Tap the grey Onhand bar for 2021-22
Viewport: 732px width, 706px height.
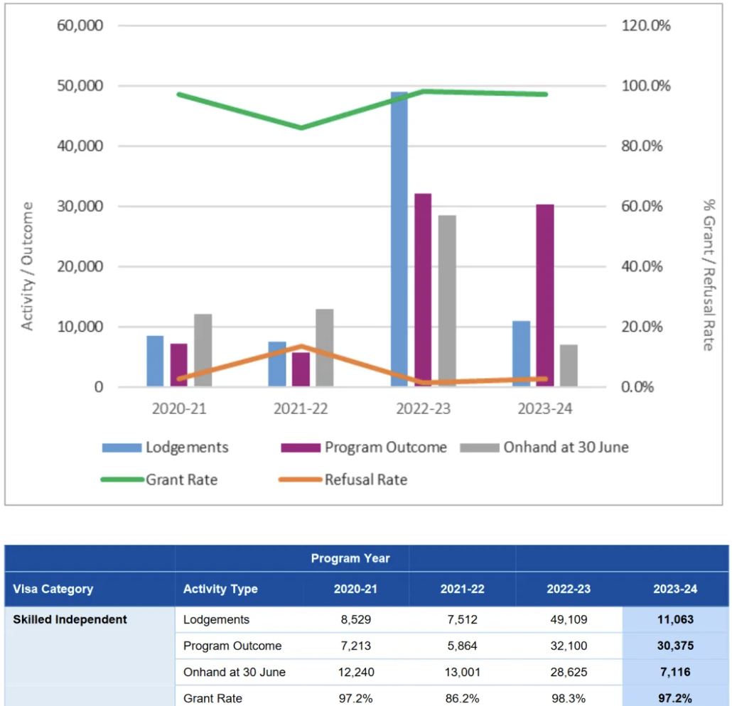pyautogui.click(x=324, y=347)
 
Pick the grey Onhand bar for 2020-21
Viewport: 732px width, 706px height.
pyautogui.click(x=203, y=350)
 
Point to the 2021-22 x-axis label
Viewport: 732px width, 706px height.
pyautogui.click(x=301, y=410)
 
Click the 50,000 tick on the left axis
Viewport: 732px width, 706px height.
pyautogui.click(x=79, y=86)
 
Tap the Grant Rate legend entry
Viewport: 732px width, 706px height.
pyautogui.click(x=160, y=479)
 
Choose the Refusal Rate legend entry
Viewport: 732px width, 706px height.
pyautogui.click(x=344, y=479)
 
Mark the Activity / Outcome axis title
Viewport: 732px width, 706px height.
pyautogui.click(x=28, y=266)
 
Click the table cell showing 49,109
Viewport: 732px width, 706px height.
pyautogui.click(x=569, y=619)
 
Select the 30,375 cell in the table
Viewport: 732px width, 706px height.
pyautogui.click(x=675, y=646)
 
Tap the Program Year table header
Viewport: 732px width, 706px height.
pyautogui.click(x=350, y=558)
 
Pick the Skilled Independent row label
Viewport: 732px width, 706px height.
pyautogui.click(x=70, y=619)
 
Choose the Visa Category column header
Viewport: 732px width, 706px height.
pyautogui.click(x=53, y=589)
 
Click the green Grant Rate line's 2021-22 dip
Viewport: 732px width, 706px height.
pyautogui.click(x=301, y=128)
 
